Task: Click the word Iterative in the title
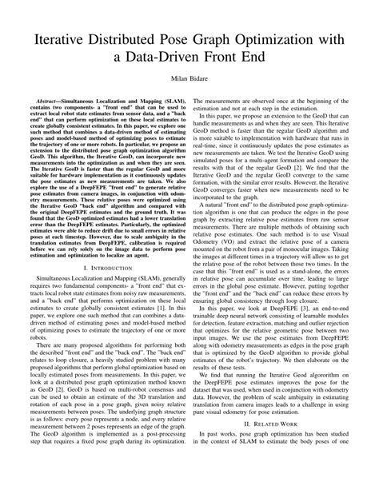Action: [x=64, y=35]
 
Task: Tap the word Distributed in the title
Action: [x=137, y=35]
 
